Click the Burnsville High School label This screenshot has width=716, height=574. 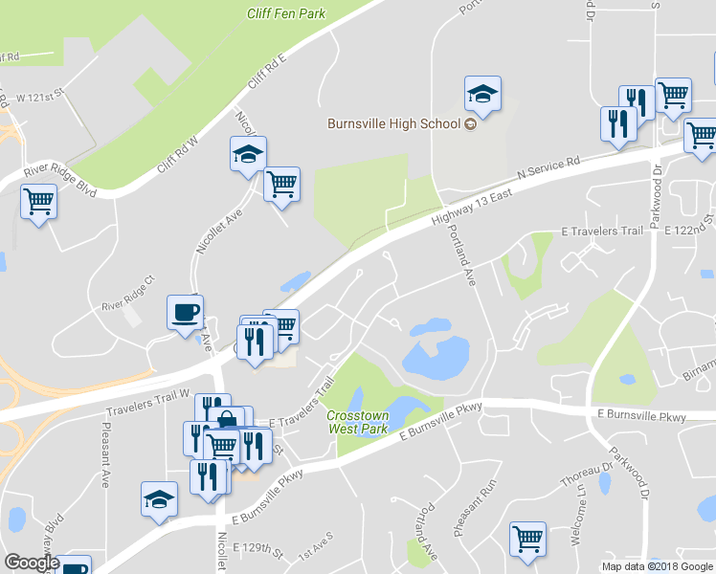[394, 123]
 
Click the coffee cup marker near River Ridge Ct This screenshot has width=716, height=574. [185, 312]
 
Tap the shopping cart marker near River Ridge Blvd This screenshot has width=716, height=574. [38, 202]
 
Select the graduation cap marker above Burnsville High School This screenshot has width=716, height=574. [482, 94]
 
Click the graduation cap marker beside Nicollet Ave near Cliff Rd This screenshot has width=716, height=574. [248, 153]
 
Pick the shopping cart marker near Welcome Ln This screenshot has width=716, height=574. [527, 540]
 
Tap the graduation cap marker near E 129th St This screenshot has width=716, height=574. [159, 499]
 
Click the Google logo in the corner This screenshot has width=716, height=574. [32, 563]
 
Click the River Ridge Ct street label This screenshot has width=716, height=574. [127, 308]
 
